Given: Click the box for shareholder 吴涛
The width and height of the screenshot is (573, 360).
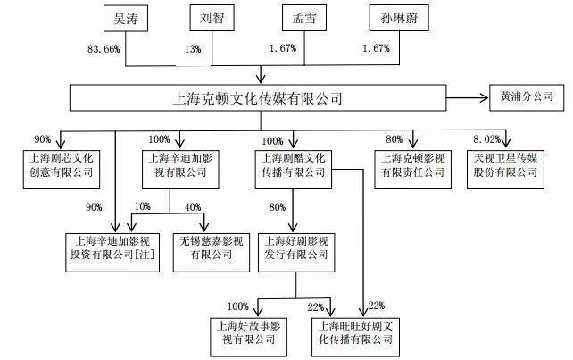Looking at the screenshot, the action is (x=126, y=18).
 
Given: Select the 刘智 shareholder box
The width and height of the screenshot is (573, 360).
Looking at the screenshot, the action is (x=212, y=18).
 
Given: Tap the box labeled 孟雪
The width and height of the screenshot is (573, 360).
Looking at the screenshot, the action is (x=304, y=18).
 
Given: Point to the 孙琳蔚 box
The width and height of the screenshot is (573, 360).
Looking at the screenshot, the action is (x=399, y=18).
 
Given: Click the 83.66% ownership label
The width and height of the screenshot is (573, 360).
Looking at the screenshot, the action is (x=104, y=49).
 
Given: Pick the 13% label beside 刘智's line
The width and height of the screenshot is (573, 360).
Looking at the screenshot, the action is (x=193, y=49).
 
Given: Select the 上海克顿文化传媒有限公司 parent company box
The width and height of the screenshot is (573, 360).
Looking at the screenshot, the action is (x=258, y=98).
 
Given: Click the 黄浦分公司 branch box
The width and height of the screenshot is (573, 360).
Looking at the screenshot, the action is (x=527, y=97).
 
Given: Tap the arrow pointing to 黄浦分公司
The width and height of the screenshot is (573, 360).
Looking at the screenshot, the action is (x=468, y=97).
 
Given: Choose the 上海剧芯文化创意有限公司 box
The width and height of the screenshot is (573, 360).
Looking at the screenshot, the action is (x=62, y=170).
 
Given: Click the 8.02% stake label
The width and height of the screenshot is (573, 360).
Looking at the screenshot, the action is (x=486, y=139).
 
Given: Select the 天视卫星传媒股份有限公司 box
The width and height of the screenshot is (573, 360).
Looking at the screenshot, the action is (x=505, y=170).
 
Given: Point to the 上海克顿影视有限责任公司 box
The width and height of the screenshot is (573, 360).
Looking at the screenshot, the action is (x=412, y=170).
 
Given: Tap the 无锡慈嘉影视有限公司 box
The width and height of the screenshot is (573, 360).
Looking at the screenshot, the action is (x=212, y=253).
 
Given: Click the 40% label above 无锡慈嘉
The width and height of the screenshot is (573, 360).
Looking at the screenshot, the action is (x=193, y=207).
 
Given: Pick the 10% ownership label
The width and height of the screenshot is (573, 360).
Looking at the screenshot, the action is (x=143, y=206).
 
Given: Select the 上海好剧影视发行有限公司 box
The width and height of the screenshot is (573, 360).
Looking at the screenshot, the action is (x=296, y=253).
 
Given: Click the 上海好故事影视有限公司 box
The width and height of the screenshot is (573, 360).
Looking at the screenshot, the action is (x=248, y=337).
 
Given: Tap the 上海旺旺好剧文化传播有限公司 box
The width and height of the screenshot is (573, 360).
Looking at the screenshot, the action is (x=355, y=337).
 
